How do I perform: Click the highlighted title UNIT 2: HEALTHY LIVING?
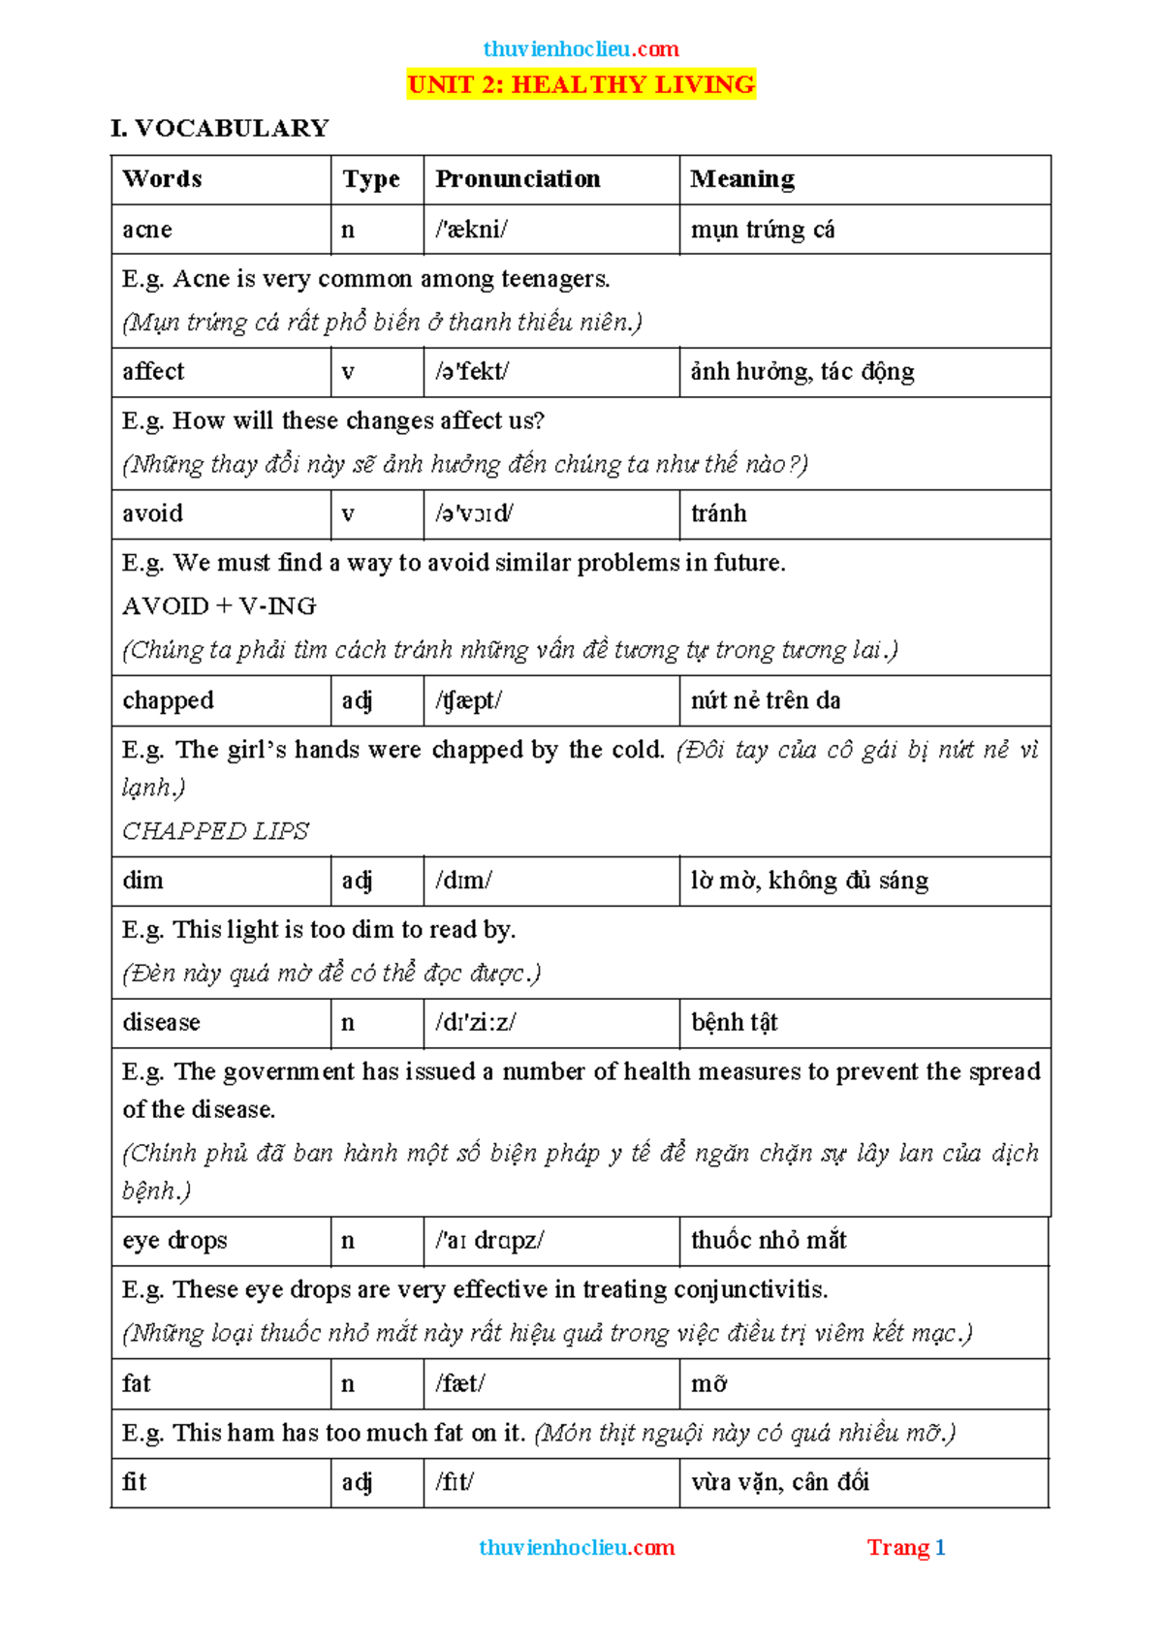581,84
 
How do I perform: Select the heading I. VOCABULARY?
220,128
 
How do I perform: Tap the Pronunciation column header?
518,179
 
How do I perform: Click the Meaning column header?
742,179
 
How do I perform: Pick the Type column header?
371,179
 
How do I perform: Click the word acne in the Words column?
147,230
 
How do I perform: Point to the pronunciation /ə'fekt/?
472,372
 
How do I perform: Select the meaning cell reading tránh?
718,513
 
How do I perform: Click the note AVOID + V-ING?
219,606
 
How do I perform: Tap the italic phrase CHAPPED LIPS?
215,831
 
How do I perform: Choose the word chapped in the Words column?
168,700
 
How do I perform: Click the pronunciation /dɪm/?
463,881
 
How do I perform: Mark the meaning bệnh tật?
734,1023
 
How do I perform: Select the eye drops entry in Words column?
174,1241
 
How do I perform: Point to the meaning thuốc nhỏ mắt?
769,1241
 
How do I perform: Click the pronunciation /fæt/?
459,1384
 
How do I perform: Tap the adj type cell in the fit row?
357,1482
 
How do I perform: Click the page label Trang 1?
905,1548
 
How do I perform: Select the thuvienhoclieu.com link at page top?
581,49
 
